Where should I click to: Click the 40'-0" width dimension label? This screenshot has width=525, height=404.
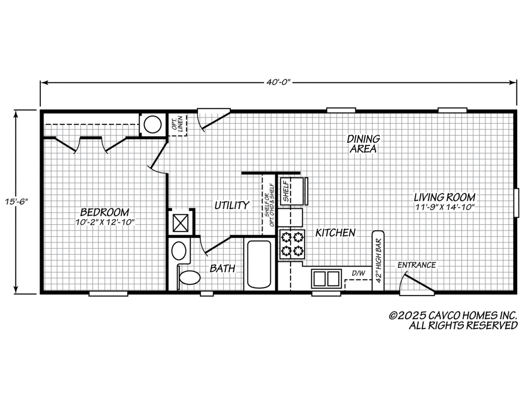(278, 82)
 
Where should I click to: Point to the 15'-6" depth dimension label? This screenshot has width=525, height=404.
(16, 202)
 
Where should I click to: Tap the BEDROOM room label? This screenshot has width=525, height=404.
(104, 212)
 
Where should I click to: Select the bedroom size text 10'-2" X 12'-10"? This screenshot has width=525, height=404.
(105, 222)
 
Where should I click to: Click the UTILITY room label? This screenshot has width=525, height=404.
(232, 205)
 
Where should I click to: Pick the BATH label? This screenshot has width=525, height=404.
(222, 268)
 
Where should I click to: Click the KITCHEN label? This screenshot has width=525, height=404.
(335, 233)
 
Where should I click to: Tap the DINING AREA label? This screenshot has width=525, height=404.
(363, 143)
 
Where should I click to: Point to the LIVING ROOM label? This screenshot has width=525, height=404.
(445, 197)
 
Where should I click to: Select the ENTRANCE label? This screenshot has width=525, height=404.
(416, 265)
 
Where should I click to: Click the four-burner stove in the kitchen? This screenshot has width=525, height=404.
(292, 244)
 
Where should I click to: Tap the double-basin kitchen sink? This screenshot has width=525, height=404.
(326, 278)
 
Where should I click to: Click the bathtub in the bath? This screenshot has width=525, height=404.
(259, 265)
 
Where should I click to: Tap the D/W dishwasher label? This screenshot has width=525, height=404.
(358, 273)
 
